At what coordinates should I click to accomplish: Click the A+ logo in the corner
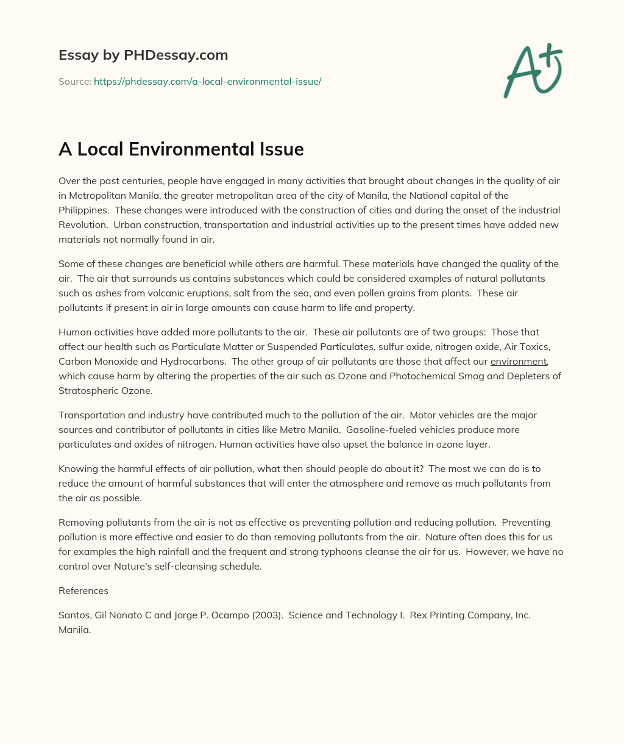click(x=533, y=70)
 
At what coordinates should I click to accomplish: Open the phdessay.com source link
click(x=207, y=81)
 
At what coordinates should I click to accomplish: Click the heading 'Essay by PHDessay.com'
click(x=143, y=55)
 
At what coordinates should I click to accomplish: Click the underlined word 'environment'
click(x=519, y=362)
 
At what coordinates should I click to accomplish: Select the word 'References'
click(x=83, y=590)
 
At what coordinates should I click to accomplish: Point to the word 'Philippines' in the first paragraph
click(x=83, y=210)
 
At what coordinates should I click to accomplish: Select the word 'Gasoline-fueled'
click(x=379, y=430)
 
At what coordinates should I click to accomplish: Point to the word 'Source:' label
click(x=74, y=81)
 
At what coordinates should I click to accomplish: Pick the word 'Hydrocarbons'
click(x=193, y=362)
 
